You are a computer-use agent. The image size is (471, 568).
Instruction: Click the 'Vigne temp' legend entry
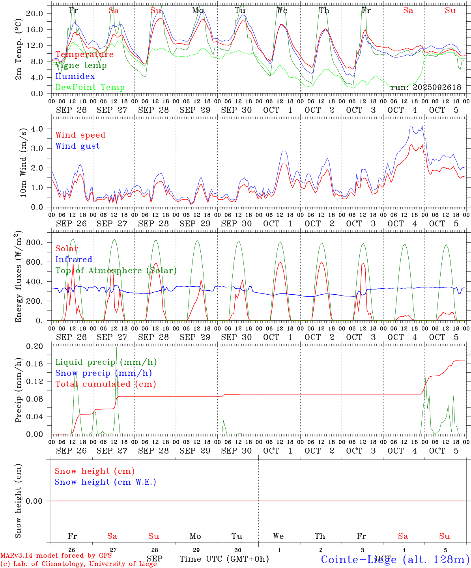point(81,65)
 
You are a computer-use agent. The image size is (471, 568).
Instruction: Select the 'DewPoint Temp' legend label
point(90,88)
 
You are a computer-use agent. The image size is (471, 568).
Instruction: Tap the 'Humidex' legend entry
point(75,77)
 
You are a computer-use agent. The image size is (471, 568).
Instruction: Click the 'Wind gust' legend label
point(77,146)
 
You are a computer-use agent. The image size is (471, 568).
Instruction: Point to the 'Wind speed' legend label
point(80,135)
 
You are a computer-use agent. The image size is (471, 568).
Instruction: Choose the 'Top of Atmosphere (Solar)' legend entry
point(116,271)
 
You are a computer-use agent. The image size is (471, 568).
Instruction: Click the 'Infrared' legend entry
point(74,260)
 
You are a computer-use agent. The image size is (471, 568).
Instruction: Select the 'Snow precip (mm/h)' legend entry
point(103,373)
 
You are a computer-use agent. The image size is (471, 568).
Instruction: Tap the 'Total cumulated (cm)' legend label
point(105,384)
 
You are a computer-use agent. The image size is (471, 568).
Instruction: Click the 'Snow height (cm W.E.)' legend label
point(105,482)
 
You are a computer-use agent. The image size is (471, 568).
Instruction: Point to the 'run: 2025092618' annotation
point(426,88)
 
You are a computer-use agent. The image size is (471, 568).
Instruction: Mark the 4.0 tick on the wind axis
point(37,129)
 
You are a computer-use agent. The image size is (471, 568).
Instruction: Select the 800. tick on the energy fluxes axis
point(34,243)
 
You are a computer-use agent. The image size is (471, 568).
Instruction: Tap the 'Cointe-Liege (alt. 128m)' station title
point(395,559)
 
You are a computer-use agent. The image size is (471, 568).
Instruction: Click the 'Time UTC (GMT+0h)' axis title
point(224,559)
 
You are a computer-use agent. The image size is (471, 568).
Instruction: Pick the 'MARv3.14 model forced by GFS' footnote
point(56,556)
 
